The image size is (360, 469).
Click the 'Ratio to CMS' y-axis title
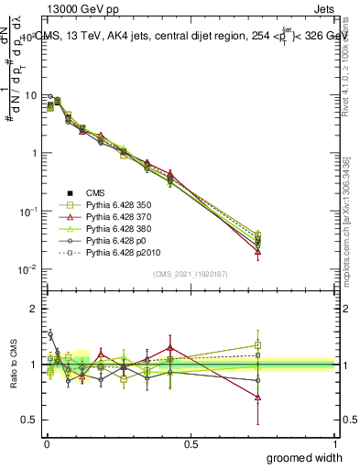click(14, 365)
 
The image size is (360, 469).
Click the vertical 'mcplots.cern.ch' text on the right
click(349, 229)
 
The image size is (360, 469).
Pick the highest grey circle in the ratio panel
click(50, 334)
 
